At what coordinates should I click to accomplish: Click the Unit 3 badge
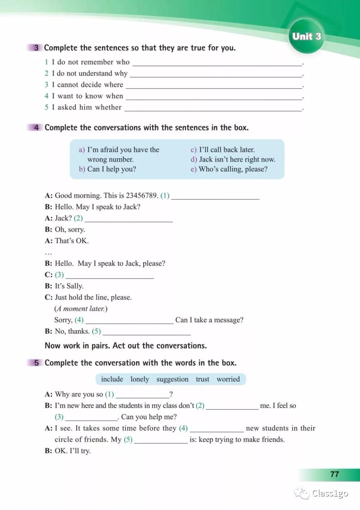click(306, 36)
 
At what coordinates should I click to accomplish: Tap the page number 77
click(334, 474)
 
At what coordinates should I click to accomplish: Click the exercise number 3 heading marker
click(36, 48)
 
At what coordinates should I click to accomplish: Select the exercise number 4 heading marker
click(36, 127)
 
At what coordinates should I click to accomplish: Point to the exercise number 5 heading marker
click(36, 363)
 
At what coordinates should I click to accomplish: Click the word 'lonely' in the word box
click(139, 379)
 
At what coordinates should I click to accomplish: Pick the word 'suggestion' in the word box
click(172, 379)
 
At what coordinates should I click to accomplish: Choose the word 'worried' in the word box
click(228, 379)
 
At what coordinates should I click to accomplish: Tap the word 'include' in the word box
click(112, 379)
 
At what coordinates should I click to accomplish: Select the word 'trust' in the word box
click(202, 379)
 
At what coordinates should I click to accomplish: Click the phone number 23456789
click(142, 195)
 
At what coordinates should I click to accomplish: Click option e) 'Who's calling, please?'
click(233, 169)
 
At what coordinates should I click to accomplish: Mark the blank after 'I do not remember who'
click(217, 63)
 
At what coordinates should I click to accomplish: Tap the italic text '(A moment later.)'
click(81, 309)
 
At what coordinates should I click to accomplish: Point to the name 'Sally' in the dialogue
click(74, 286)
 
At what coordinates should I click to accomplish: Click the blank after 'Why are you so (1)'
click(142, 395)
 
